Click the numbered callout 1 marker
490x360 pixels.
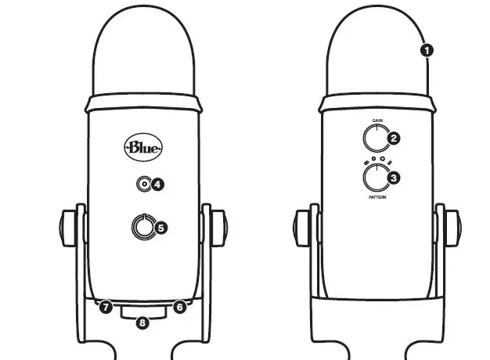click(427, 49)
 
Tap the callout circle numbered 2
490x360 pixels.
click(395, 139)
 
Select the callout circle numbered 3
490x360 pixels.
click(395, 178)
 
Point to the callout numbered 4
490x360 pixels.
click(157, 185)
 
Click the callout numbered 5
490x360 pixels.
click(161, 227)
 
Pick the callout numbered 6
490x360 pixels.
click(178, 307)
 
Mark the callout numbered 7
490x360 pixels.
click(105, 307)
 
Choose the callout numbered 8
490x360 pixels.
click(142, 321)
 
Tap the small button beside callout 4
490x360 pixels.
click(142, 185)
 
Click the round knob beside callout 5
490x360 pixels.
click(142, 227)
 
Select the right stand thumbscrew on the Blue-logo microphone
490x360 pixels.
click(218, 225)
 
